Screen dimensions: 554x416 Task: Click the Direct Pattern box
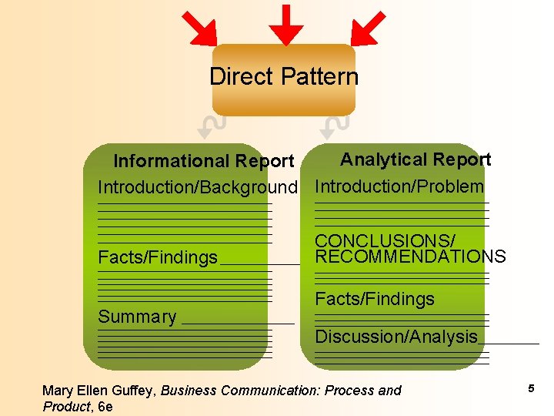[283, 78]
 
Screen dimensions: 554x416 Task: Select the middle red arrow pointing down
[285, 25]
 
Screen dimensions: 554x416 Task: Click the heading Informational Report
[203, 161]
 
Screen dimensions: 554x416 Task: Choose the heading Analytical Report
[415, 159]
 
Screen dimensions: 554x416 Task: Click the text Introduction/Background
[197, 187]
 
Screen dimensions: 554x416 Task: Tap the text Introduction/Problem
[399, 186]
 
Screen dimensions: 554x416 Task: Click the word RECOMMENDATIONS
[410, 257]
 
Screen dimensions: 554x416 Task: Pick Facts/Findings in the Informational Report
[158, 258]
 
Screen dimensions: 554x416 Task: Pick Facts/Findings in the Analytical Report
[375, 299]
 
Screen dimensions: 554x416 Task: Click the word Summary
[137, 317]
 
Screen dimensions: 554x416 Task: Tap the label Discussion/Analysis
[396, 337]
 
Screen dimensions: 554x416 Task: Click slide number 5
[531, 389]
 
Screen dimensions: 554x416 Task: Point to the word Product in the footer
[65, 406]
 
